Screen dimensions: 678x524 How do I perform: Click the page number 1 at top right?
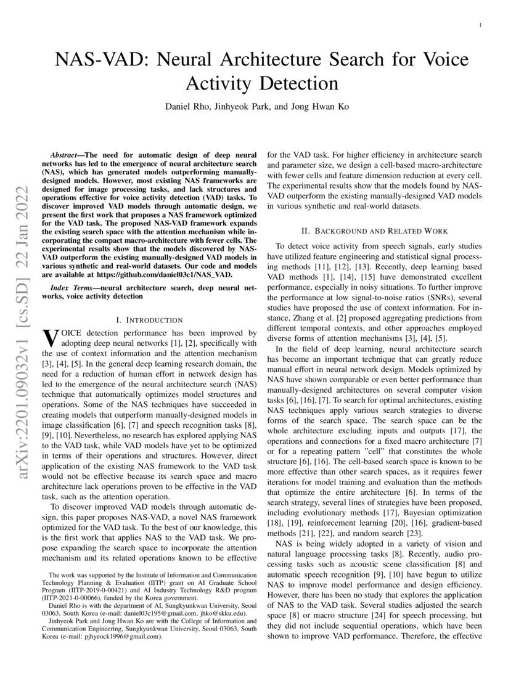click(480, 24)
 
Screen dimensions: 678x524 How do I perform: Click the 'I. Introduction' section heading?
click(149, 320)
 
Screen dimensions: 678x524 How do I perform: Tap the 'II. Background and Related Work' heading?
click(374, 231)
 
